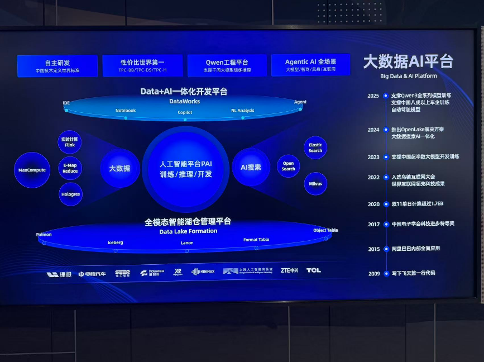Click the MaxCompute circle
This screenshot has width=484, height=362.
pos(32,170)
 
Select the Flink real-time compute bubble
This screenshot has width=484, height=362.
pos(70,142)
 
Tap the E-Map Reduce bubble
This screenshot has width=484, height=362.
pos(70,168)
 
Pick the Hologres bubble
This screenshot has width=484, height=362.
pos(70,194)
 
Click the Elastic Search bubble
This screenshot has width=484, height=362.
pos(315,148)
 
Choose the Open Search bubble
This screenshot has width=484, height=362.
pos(288,166)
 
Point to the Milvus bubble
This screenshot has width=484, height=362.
pos(315,183)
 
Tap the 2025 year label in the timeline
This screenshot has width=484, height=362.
pos(373,96)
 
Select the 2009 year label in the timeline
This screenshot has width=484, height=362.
pos(374,273)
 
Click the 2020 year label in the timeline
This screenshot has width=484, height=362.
pos(373,204)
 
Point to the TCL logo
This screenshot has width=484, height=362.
pos(313,270)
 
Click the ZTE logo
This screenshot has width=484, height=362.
pos(289,270)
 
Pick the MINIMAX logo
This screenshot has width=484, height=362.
pos(203,271)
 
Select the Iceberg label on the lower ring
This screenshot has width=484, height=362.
pos(116,242)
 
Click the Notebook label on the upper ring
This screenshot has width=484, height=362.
pos(126,111)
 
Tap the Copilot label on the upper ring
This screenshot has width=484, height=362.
pos(185,112)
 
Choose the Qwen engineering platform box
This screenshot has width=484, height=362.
pos(226,65)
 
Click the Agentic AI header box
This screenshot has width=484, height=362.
pos(310,65)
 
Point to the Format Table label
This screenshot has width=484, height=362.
pos(256,240)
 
